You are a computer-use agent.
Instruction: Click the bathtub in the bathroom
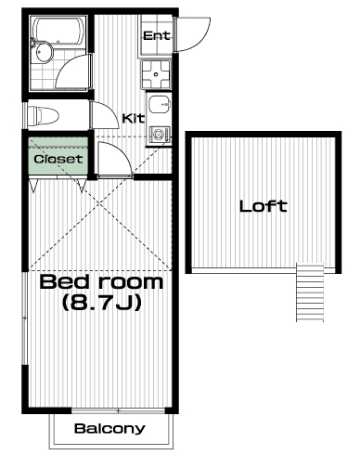tap(58, 31)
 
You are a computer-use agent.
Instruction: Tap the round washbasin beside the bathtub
tap(44, 52)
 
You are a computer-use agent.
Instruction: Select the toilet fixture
tap(43, 116)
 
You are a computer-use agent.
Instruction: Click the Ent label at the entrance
tap(157, 35)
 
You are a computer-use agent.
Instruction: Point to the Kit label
tap(134, 118)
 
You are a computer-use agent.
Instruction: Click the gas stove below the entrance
tap(156, 73)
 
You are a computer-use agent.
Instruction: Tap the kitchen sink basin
tap(160, 105)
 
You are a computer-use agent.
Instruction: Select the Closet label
tap(58, 159)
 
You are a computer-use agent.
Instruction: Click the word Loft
tap(264, 206)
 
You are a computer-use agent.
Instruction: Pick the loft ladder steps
tap(310, 292)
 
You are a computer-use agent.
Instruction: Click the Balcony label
tap(109, 429)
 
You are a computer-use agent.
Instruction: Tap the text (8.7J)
tap(102, 303)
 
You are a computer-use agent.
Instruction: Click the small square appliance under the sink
tap(159, 135)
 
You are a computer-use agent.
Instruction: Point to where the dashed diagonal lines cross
tap(99, 203)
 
